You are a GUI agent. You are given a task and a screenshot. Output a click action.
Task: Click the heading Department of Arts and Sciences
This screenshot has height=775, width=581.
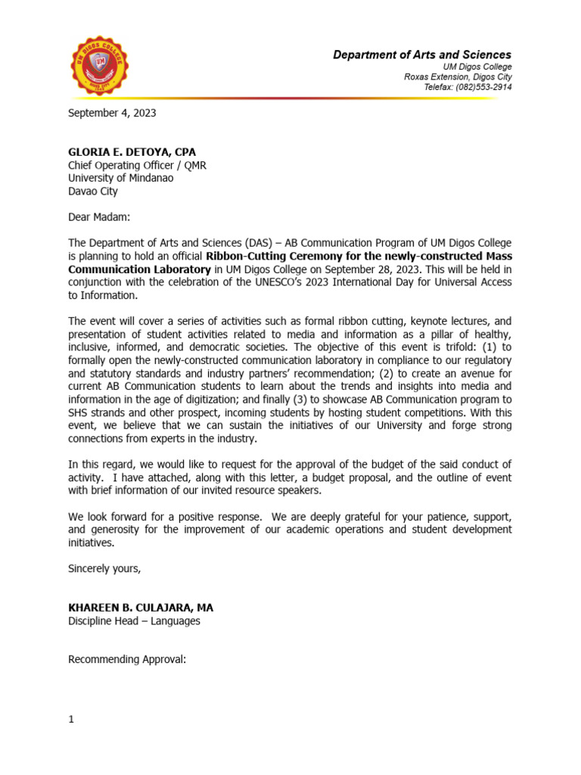pyautogui.click(x=422, y=54)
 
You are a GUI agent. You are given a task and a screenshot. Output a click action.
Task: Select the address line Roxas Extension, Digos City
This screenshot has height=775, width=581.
pyautogui.click(x=458, y=76)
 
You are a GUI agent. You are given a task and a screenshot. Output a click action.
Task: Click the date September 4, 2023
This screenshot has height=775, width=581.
pyautogui.click(x=112, y=113)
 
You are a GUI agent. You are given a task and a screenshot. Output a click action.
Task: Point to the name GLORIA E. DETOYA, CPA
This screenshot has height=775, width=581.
pyautogui.click(x=132, y=151)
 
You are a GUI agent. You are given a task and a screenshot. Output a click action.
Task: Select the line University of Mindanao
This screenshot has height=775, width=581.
pyautogui.click(x=120, y=178)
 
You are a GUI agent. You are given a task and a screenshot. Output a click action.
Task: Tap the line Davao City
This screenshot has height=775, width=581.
pyautogui.click(x=93, y=191)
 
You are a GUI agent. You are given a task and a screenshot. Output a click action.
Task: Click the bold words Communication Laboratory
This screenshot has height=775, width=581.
pyautogui.click(x=138, y=269)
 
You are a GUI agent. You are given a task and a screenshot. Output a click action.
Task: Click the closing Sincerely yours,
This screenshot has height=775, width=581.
pyautogui.click(x=104, y=568)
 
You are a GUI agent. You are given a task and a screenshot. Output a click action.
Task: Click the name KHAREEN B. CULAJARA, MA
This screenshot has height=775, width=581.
pyautogui.click(x=135, y=608)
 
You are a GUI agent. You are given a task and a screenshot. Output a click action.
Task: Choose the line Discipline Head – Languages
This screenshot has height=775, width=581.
pyautogui.click(x=134, y=621)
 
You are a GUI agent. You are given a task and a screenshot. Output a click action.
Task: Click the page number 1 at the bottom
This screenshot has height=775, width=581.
pyautogui.click(x=71, y=719)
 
